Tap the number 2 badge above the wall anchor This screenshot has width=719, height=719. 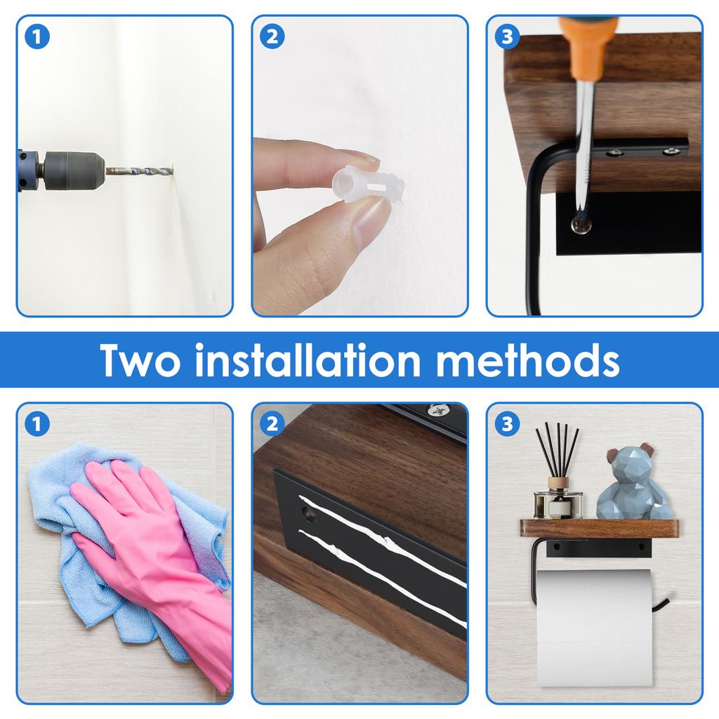click(x=272, y=37)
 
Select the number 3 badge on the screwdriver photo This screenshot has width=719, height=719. click(x=507, y=37)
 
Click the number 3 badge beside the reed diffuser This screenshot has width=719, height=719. click(x=507, y=423)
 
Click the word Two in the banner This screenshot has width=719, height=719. click(x=140, y=359)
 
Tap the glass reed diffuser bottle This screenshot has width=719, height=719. click(x=558, y=499)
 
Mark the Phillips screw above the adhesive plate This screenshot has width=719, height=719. click(x=440, y=409)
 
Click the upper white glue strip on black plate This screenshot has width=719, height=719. click(x=379, y=524)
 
